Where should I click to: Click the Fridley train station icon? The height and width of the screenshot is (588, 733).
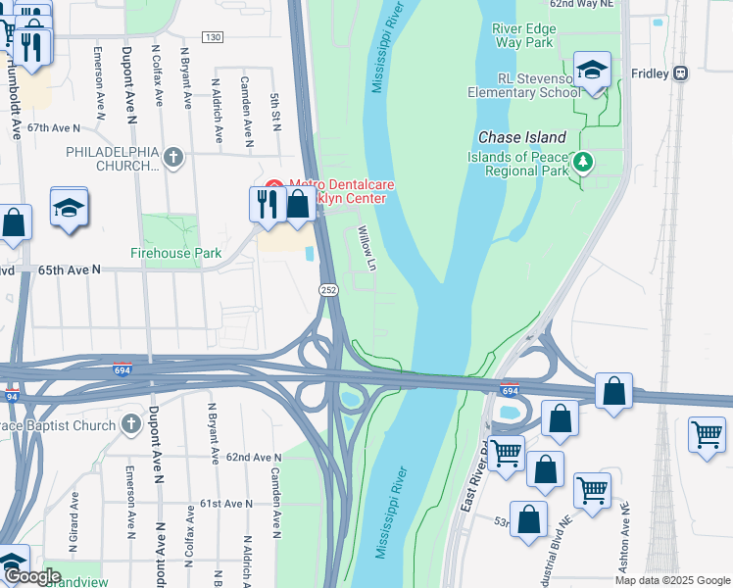680,73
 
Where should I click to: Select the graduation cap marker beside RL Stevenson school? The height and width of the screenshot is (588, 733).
592,70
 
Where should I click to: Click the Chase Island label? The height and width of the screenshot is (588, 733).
521,137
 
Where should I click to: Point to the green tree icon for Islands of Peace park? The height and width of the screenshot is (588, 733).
583,160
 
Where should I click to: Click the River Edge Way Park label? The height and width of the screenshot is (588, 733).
525,35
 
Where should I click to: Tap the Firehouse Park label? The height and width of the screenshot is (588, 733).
176,253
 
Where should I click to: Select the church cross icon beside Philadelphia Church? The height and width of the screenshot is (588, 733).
173,156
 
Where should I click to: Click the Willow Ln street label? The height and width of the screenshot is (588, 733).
366,249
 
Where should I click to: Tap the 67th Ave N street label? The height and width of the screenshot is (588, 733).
53,128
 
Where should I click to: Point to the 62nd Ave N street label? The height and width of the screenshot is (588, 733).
247,458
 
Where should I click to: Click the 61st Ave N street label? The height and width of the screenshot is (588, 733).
226,503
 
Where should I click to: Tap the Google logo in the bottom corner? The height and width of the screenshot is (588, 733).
32,576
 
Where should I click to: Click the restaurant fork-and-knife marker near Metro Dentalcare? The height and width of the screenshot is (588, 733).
265,204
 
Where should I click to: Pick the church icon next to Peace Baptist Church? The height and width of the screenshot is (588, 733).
132,424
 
